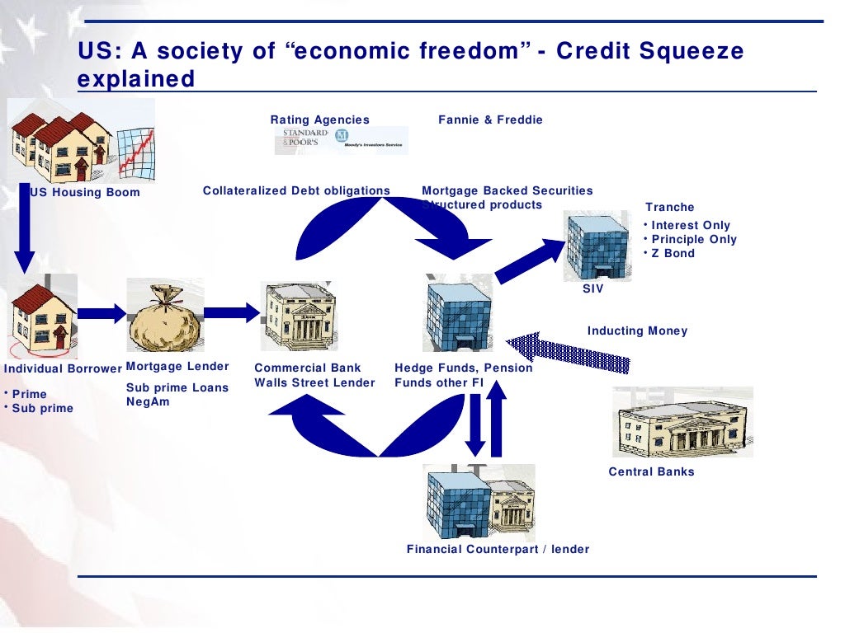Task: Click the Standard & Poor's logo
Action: [x=305, y=139]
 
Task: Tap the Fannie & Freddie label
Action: [x=490, y=120]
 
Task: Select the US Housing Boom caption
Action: [x=85, y=193]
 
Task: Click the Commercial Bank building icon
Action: [x=299, y=316]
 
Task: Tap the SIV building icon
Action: [x=596, y=246]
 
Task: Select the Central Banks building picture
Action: [x=682, y=422]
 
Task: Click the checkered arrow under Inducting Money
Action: [x=569, y=350]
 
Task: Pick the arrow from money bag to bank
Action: [x=231, y=312]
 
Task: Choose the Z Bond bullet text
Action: [x=673, y=254]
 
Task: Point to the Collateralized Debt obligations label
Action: [x=296, y=191]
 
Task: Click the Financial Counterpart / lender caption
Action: [x=498, y=550]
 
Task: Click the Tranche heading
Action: [x=669, y=208]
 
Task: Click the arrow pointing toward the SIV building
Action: [x=528, y=260]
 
